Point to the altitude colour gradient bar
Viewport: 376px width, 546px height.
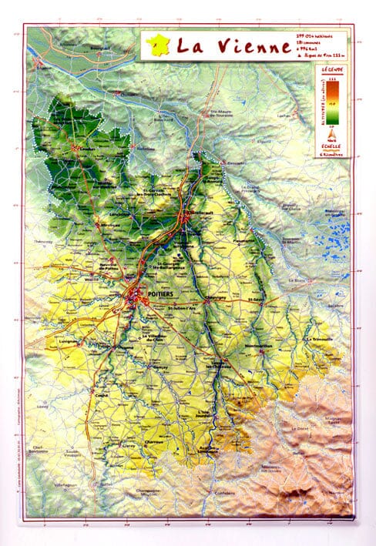pyautogui.click(x=334, y=101)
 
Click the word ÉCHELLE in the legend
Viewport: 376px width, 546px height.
pyautogui.click(x=333, y=146)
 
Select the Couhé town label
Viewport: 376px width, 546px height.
pyautogui.click(x=100, y=396)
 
